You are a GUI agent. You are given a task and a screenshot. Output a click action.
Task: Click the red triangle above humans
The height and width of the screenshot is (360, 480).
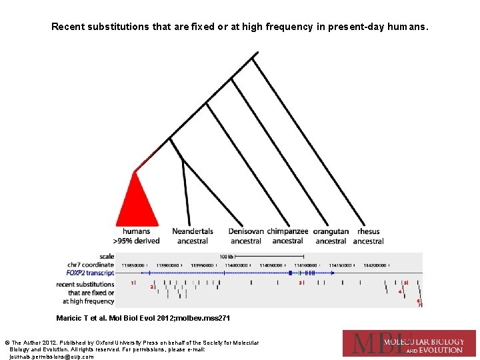[137, 203]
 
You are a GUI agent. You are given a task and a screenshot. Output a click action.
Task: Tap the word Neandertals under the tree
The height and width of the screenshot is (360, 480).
[193, 231]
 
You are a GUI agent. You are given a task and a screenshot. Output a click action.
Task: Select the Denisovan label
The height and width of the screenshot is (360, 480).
[246, 231]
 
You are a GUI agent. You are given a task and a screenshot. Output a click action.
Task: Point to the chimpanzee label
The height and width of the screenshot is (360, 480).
[288, 231]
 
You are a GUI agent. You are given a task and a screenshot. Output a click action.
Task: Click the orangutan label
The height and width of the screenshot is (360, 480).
[331, 231]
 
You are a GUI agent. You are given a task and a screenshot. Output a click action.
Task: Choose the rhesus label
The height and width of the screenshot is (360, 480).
[368, 231]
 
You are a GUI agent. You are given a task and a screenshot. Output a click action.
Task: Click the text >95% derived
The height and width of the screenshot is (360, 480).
[136, 241]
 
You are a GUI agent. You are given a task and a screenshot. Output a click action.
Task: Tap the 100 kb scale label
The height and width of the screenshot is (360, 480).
[227, 256]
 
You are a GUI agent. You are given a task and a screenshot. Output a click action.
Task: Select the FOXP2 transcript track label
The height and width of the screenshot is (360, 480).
[90, 273]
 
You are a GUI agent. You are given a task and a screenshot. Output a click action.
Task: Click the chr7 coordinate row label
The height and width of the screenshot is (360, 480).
[91, 265]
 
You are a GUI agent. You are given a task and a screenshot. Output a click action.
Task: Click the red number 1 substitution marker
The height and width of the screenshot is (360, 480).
[132, 283]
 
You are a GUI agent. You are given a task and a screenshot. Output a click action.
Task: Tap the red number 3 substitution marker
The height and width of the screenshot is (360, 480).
[300, 283]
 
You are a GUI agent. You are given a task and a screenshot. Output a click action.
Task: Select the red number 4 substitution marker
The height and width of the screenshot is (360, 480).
[400, 291]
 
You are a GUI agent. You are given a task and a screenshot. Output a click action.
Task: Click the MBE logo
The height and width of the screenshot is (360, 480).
[409, 343]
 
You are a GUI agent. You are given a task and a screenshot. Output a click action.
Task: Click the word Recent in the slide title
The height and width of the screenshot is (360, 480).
[68, 27]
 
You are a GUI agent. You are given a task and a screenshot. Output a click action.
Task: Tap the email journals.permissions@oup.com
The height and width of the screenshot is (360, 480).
[52, 357]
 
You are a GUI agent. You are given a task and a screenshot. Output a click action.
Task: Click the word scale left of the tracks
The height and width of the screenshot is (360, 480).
[107, 256]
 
